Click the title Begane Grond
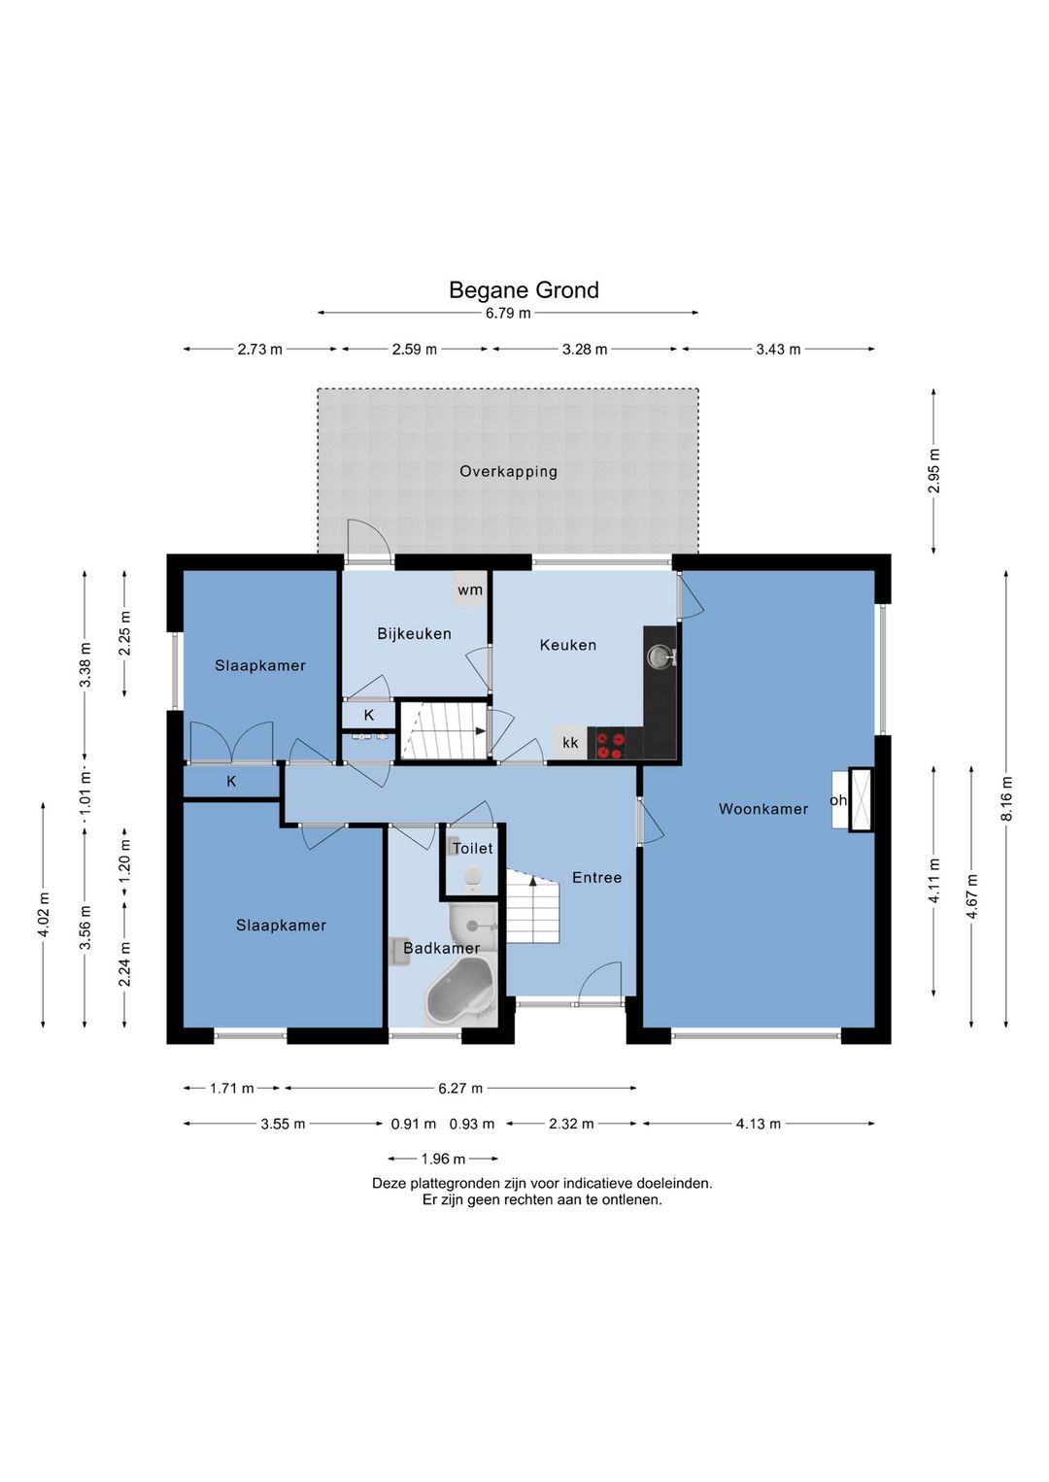524,289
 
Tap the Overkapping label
508,472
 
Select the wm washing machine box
470,589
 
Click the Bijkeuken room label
415,634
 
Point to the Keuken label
568,645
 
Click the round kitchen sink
660,657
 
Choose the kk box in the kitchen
570,743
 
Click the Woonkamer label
763,808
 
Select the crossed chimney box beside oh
861,799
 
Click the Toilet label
473,848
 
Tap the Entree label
597,877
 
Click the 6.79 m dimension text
508,314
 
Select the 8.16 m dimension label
1006,798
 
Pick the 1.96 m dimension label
444,1159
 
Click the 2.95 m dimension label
933,470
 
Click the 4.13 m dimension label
759,1123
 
